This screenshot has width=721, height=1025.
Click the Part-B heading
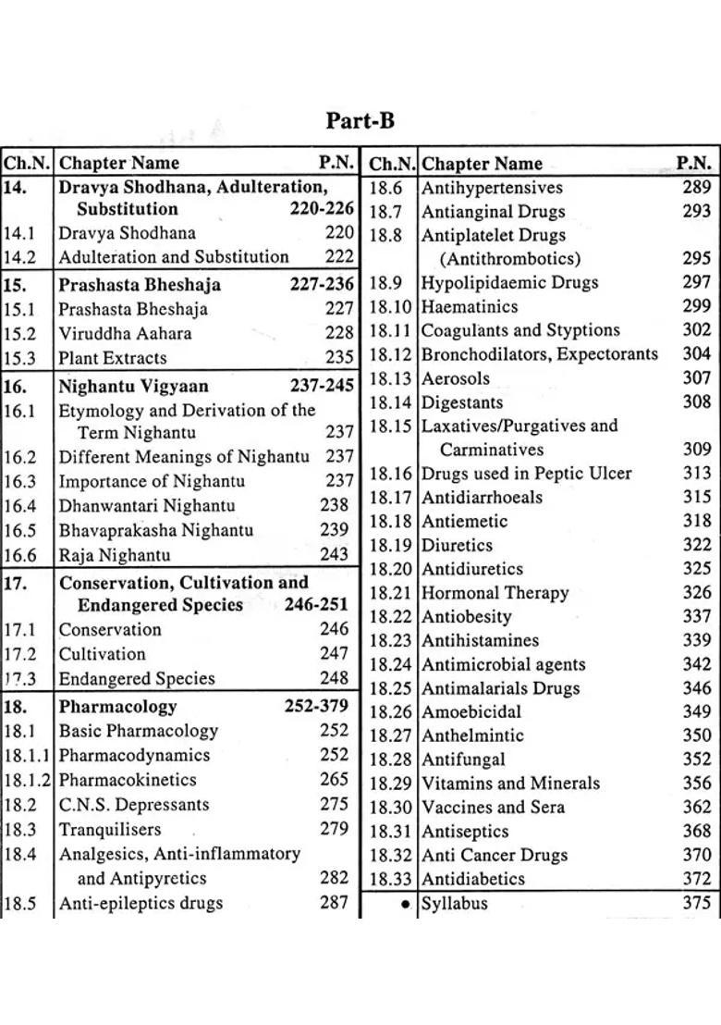(x=360, y=121)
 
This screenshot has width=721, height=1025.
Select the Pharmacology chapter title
(x=117, y=707)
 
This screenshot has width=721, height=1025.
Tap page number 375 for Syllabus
(x=697, y=904)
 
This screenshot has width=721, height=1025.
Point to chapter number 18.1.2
(x=28, y=780)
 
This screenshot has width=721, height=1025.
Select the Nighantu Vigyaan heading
(x=133, y=386)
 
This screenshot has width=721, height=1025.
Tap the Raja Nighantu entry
(x=114, y=555)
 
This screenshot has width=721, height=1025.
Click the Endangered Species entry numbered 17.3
(x=136, y=678)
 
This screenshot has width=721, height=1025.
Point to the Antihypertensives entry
(x=492, y=188)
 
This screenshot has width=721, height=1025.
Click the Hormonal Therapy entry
(x=495, y=593)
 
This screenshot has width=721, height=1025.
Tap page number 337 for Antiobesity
(x=697, y=616)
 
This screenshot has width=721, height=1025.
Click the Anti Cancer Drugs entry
(x=495, y=855)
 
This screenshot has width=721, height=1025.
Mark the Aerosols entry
(x=456, y=378)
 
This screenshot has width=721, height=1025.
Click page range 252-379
(x=316, y=707)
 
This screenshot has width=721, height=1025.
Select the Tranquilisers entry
(x=110, y=829)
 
